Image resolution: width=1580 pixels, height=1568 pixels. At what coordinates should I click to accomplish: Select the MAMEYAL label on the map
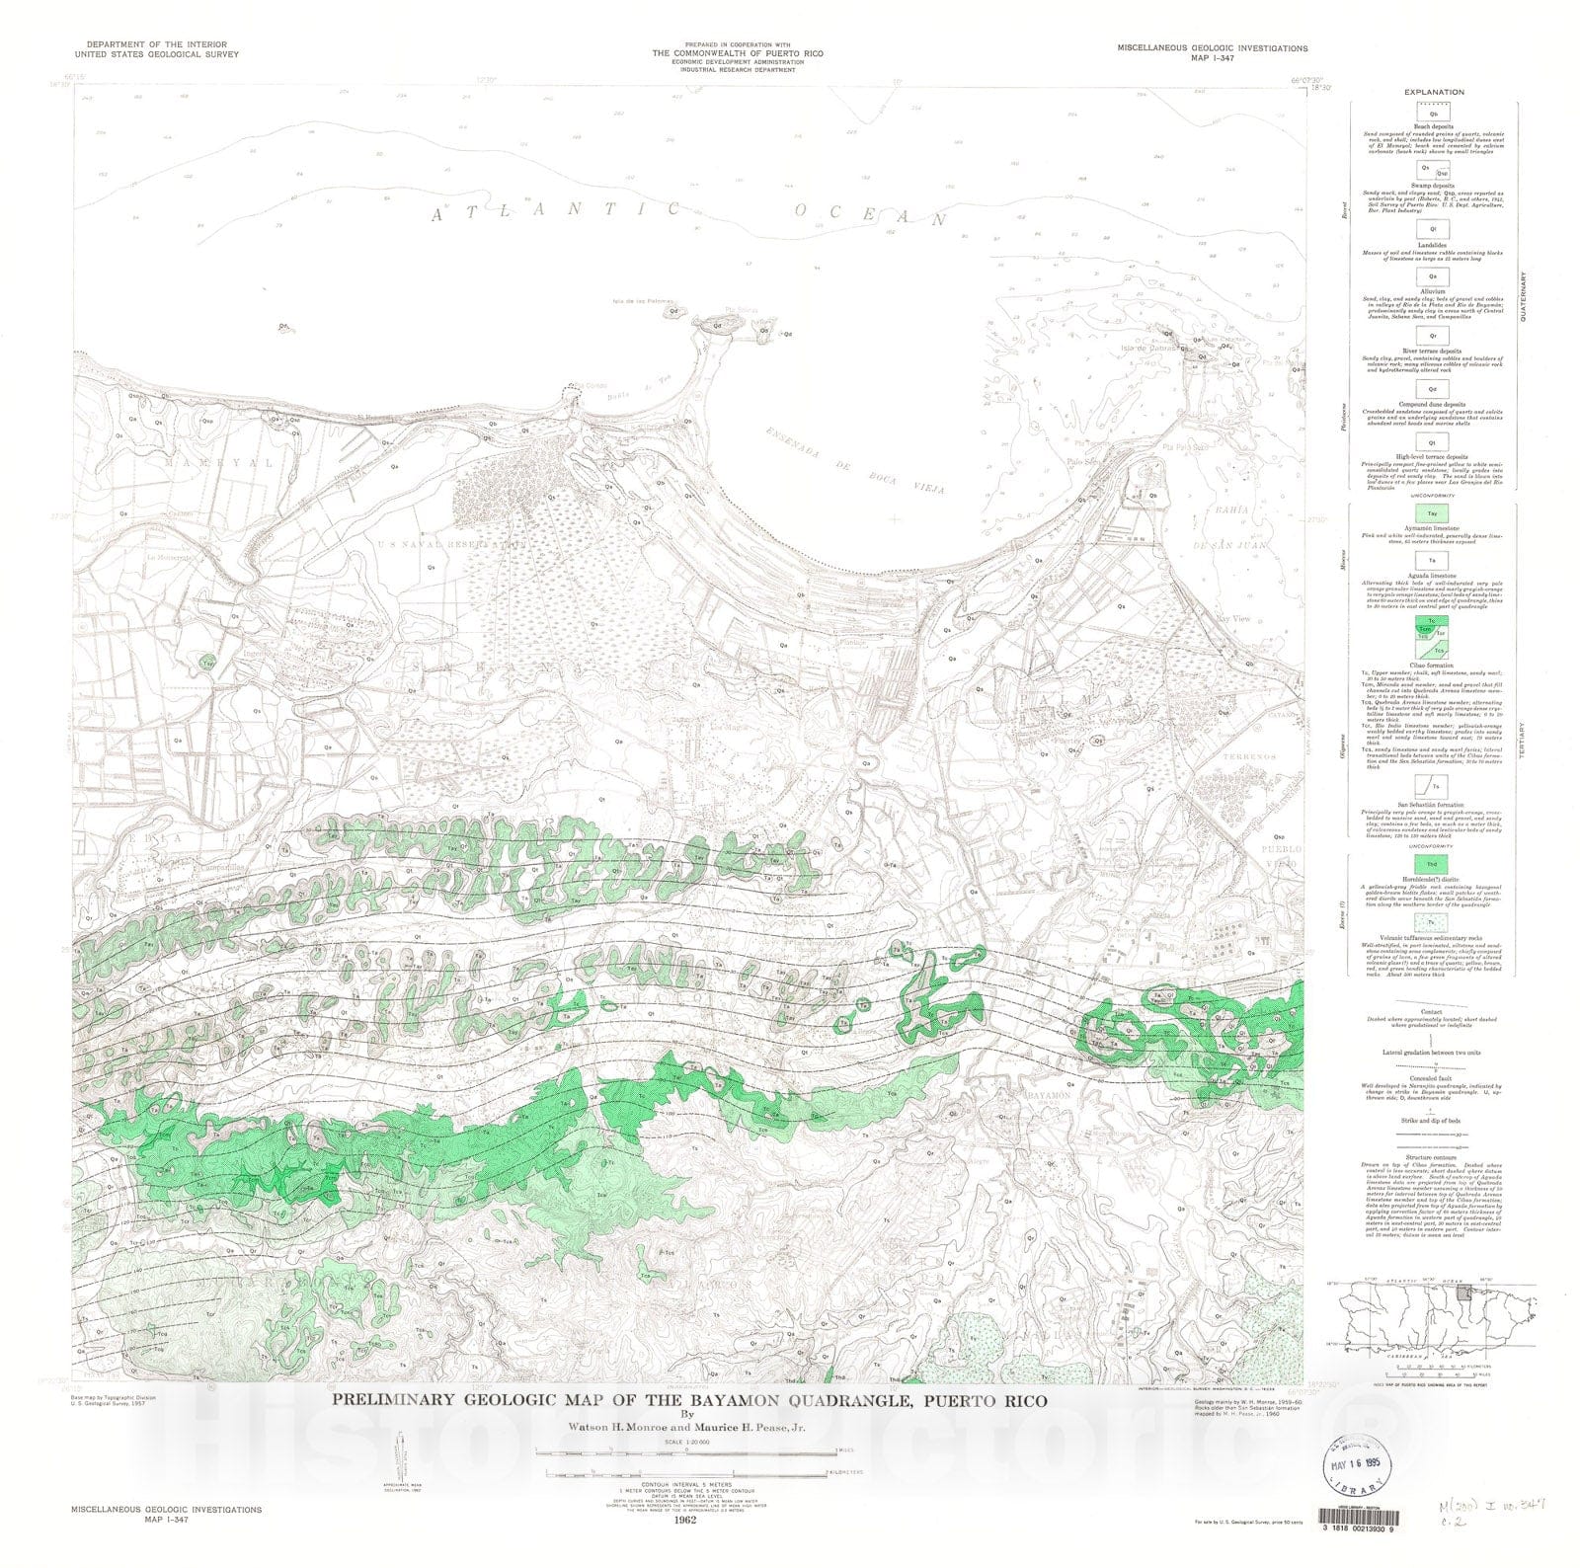pyautogui.click(x=203, y=462)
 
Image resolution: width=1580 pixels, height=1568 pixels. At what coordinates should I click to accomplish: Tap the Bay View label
pyautogui.click(x=1233, y=619)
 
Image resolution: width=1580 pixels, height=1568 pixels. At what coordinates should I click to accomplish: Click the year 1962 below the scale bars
pyautogui.click(x=680, y=1520)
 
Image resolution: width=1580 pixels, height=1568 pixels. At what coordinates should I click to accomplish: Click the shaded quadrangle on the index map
pyautogui.click(x=1463, y=1293)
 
